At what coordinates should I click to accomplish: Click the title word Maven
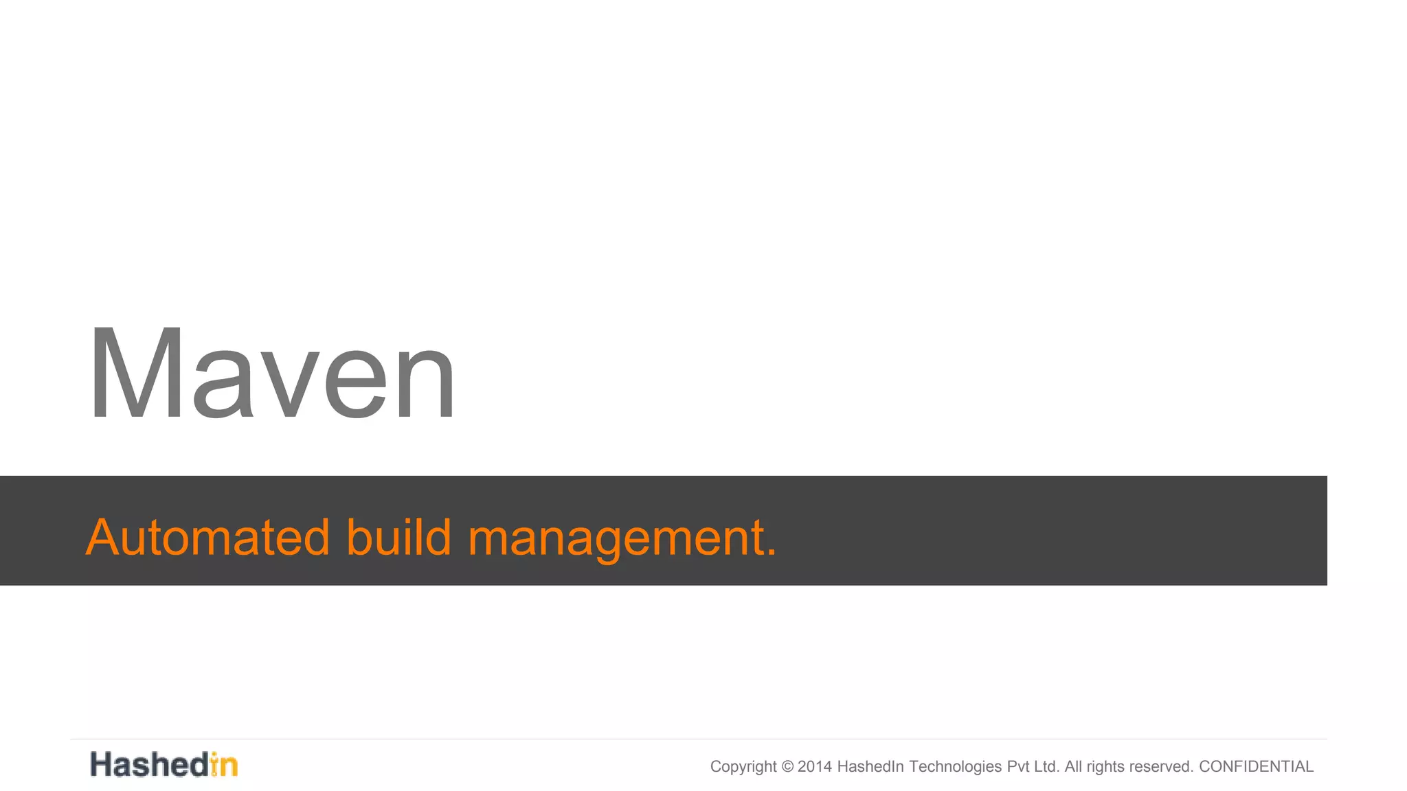point(271,374)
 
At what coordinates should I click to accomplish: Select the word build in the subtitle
point(398,537)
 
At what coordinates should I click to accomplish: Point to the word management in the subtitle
point(615,537)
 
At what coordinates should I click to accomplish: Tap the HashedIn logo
point(164,764)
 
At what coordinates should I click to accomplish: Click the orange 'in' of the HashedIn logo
point(224,764)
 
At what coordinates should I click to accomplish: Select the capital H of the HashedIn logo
point(102,764)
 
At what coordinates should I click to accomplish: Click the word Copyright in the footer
point(743,767)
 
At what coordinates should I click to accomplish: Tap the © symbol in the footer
point(787,766)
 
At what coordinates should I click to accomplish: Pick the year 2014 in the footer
point(814,766)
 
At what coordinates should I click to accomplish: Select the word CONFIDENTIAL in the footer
point(1256,766)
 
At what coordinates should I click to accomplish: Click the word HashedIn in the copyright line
point(870,766)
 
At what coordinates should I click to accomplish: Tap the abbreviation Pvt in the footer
point(1018,766)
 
